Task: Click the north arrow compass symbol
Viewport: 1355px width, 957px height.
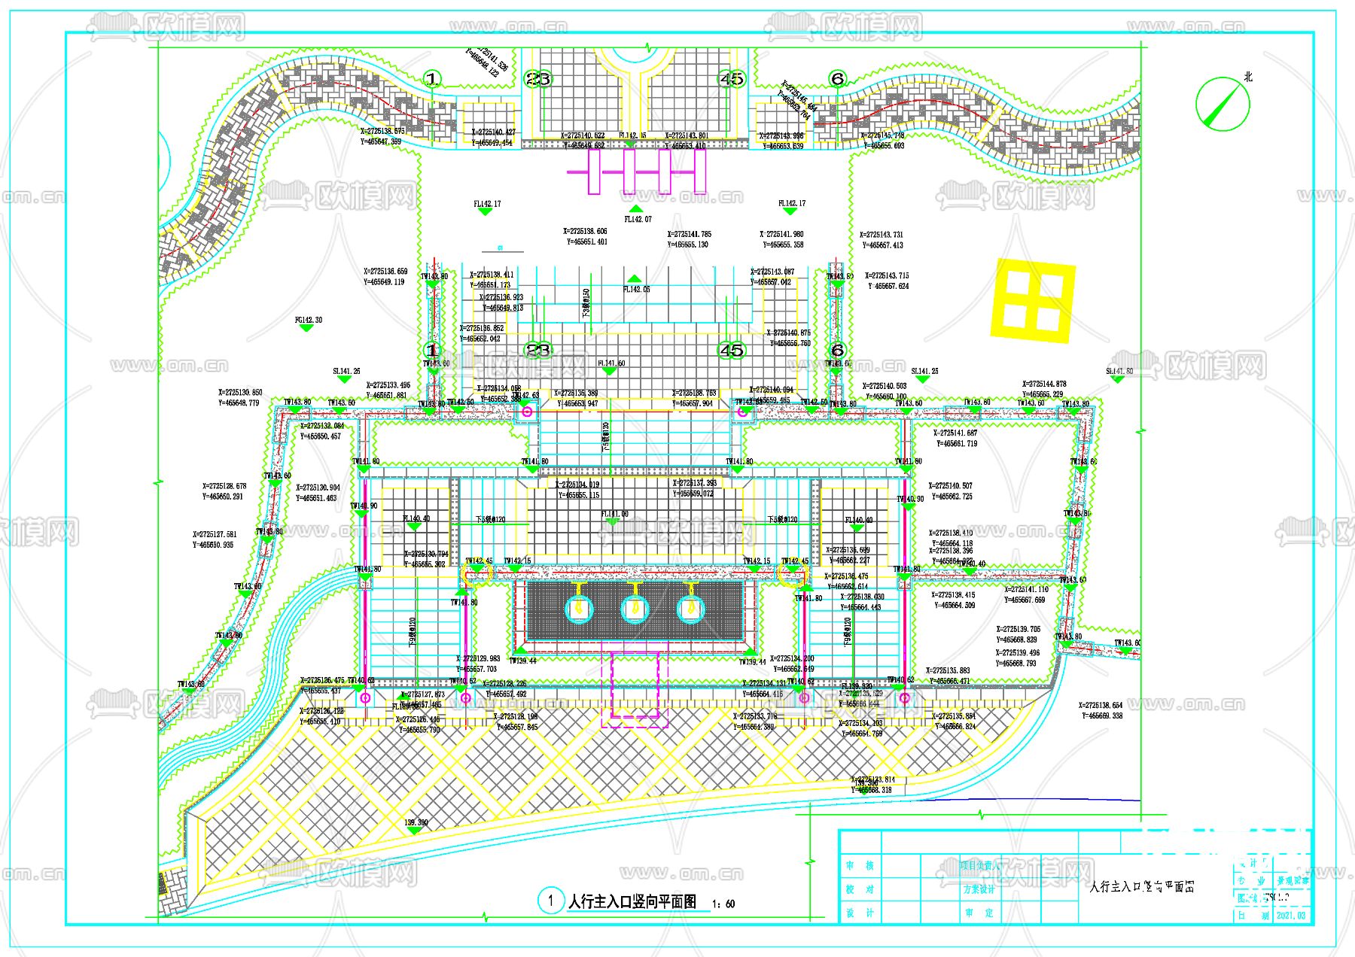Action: point(1223,102)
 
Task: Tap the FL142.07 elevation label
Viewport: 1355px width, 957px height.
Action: point(638,219)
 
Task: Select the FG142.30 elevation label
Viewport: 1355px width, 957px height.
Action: point(308,320)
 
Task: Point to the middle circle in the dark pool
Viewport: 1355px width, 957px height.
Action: point(635,609)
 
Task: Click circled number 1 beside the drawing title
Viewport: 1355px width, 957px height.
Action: point(551,900)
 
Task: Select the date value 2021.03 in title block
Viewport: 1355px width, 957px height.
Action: point(1290,916)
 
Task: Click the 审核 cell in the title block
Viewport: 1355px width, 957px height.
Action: point(859,866)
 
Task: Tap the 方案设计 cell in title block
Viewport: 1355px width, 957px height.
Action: point(979,889)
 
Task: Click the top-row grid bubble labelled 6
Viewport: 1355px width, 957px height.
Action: point(837,78)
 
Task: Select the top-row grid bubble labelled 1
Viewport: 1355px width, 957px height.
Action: point(432,78)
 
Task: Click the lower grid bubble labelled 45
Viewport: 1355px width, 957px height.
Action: point(732,350)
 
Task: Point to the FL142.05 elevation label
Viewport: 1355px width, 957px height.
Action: point(636,289)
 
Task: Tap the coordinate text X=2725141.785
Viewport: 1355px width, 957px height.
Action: point(689,234)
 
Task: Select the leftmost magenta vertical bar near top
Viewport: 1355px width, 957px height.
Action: point(594,172)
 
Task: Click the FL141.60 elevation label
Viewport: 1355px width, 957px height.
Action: point(611,363)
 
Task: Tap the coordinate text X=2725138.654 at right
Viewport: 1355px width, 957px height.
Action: point(1100,706)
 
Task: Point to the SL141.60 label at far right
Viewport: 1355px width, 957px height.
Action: point(1119,371)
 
